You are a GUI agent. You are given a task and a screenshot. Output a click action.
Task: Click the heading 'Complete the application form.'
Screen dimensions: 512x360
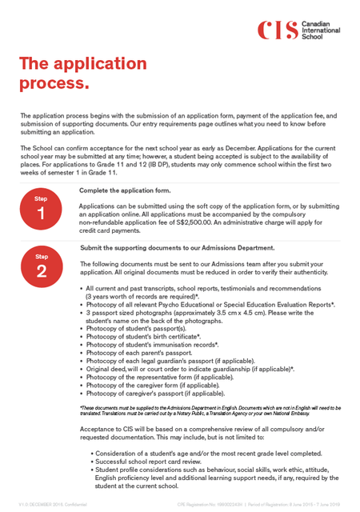(125, 190)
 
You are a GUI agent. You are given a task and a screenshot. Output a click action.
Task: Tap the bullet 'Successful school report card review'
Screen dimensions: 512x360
(156, 462)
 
